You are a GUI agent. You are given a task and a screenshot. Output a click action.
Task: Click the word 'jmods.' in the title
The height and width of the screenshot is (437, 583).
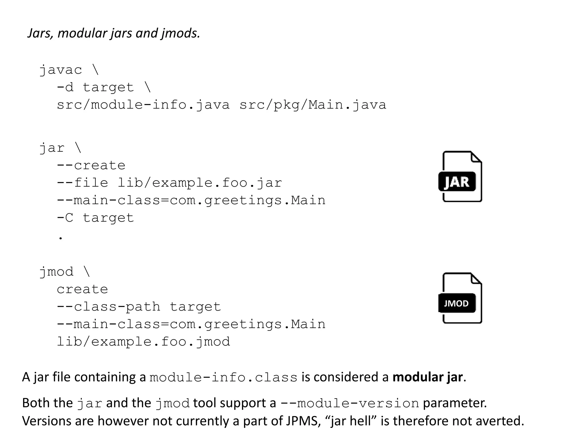[180, 33]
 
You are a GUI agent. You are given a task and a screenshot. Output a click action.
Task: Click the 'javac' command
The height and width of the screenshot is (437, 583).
[61, 70]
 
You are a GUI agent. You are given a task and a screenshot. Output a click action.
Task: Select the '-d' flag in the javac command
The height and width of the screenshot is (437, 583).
[65, 87]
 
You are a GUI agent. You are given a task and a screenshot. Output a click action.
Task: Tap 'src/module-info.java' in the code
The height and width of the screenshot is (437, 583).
[143, 105]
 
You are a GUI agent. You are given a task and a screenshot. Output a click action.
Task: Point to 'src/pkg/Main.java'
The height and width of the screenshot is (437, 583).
[313, 105]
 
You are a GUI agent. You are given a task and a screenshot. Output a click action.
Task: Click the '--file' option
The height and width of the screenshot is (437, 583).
[83, 183]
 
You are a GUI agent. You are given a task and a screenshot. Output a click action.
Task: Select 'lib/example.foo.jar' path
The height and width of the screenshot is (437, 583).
[200, 183]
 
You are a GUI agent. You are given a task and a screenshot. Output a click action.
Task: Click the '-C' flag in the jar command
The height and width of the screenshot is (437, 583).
[65, 218]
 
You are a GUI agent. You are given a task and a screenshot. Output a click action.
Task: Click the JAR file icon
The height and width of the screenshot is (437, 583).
[460, 177]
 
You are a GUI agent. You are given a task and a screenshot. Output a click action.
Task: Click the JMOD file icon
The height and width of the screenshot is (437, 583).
[460, 298]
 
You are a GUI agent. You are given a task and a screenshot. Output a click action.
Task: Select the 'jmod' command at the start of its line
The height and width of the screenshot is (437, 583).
[56, 272]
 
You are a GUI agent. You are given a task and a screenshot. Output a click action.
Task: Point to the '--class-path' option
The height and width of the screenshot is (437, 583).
[108, 307]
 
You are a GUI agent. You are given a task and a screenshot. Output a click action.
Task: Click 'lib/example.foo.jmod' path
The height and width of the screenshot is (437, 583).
[143, 342]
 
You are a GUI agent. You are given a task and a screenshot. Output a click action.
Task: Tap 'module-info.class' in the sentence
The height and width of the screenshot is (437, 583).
[223, 378]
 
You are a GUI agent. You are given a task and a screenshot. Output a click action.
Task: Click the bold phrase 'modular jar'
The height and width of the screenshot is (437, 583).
[428, 377]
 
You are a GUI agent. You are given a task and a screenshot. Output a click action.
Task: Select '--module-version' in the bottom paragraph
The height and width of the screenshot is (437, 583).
[350, 403]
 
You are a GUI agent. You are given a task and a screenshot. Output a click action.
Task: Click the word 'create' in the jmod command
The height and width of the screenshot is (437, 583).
[83, 289]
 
